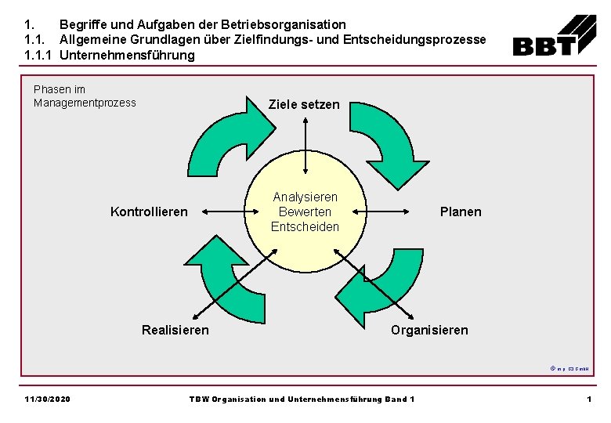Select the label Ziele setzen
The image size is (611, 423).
pos(304,104)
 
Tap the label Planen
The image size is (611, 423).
pos(461,211)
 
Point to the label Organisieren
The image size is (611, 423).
pos(429,330)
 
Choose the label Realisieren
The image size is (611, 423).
pos(175,330)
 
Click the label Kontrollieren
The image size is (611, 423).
pos(150,211)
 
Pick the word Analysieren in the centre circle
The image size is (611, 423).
pos(305,197)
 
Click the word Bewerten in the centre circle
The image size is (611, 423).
pos(305,211)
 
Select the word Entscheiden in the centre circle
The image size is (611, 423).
pos(305,226)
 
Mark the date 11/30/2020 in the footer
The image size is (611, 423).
pos(47,399)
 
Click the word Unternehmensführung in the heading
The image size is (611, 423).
pos(127,55)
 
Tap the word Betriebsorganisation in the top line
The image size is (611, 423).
pos(283,25)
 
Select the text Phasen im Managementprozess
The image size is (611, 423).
pos(85,96)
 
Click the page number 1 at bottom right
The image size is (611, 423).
pos(588,399)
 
